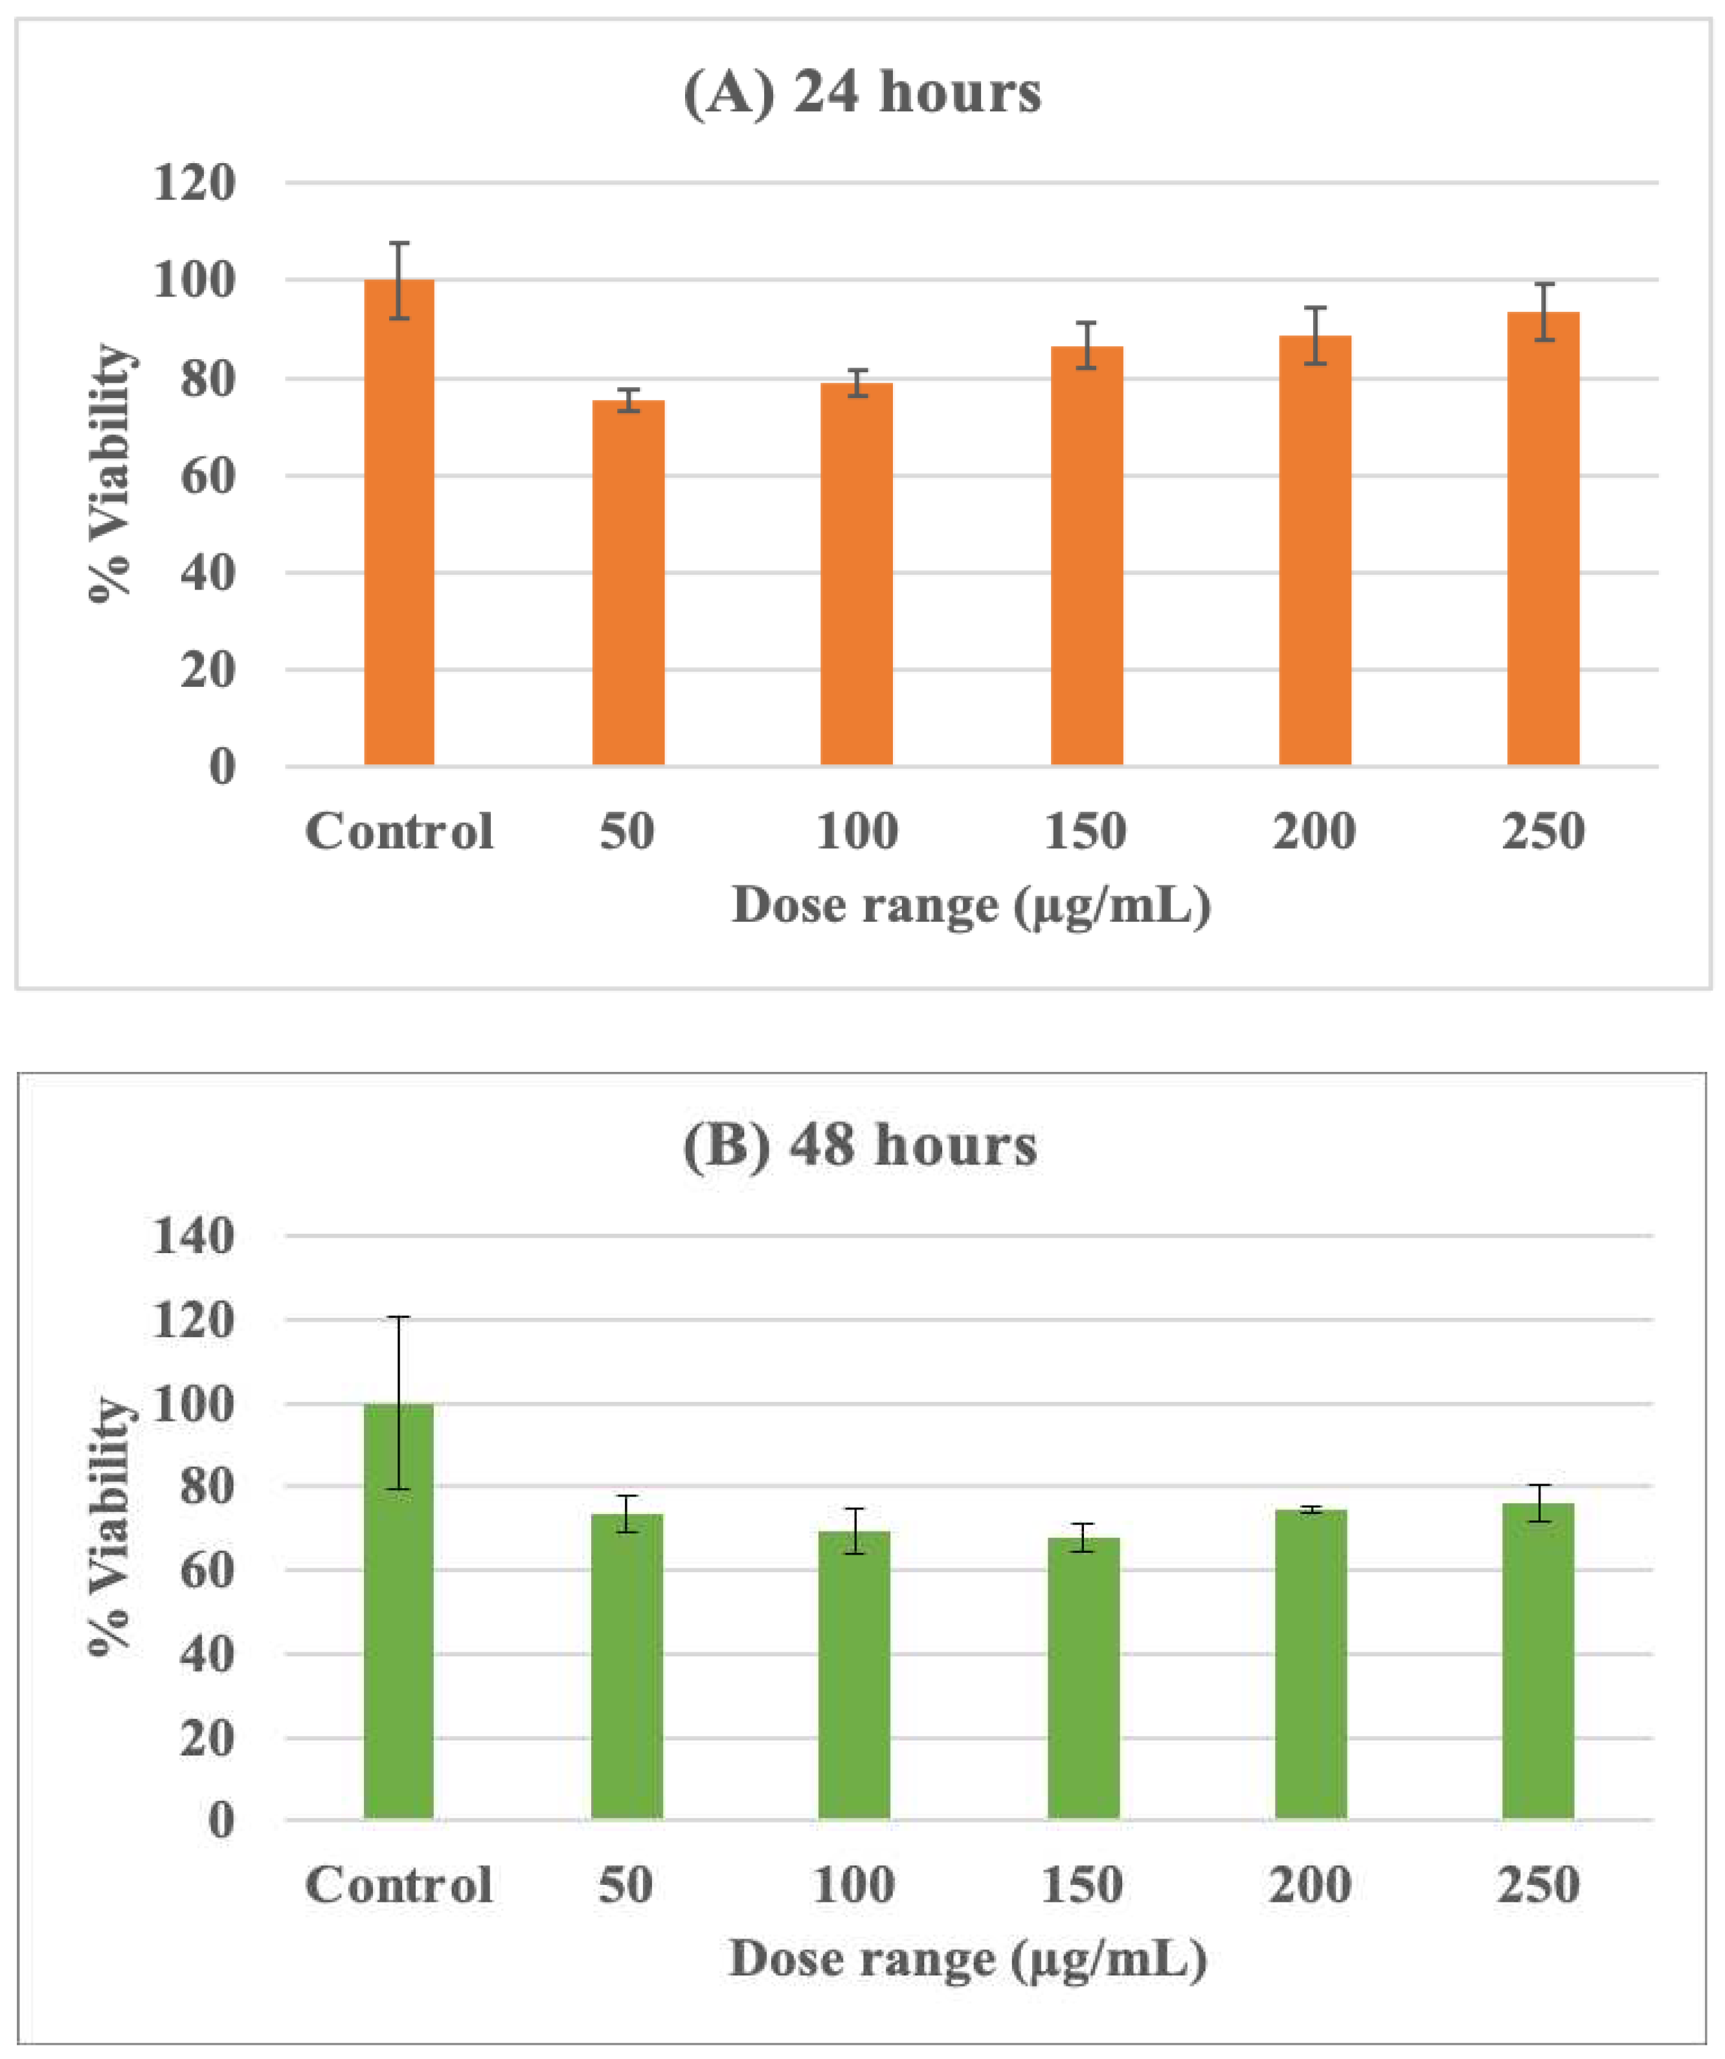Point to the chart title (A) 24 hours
[x=862, y=93]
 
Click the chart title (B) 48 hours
[x=860, y=1144]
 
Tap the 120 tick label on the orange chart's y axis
[x=194, y=183]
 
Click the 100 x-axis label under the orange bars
[x=856, y=832]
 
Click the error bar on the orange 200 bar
[x=1315, y=335]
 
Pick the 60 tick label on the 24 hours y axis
[x=208, y=476]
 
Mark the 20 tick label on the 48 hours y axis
[x=207, y=1739]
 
